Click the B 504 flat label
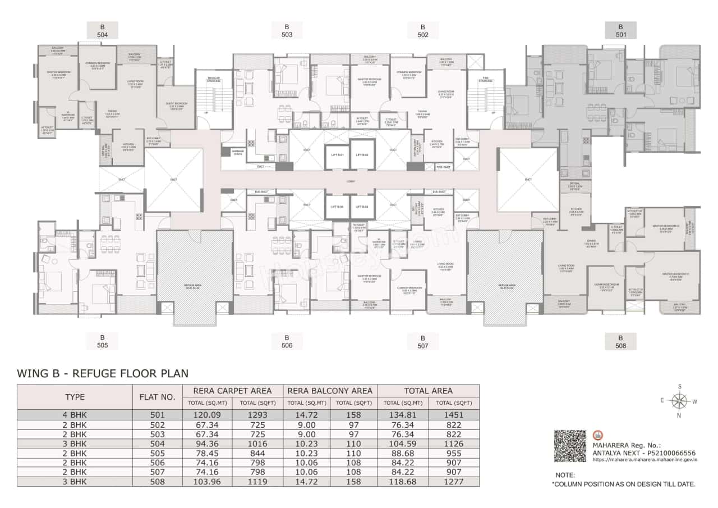click(x=102, y=30)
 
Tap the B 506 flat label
click(x=287, y=341)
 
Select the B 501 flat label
click(x=620, y=30)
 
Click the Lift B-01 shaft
click(x=337, y=155)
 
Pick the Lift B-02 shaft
click(x=361, y=155)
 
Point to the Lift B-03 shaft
click(x=361, y=207)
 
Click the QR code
click(x=570, y=446)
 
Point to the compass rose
click(x=679, y=401)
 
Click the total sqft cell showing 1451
click(x=453, y=415)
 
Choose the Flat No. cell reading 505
click(x=158, y=453)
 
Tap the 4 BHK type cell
click(x=75, y=415)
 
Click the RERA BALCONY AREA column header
click(x=330, y=391)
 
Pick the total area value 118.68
click(x=403, y=482)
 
